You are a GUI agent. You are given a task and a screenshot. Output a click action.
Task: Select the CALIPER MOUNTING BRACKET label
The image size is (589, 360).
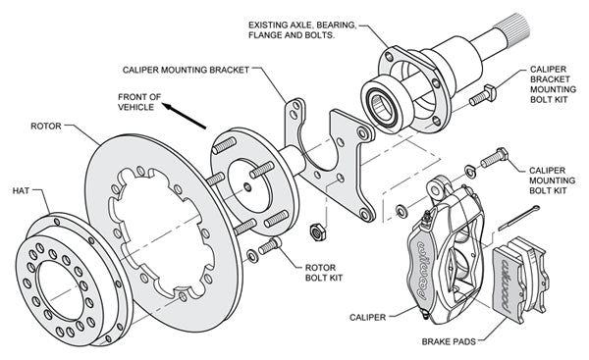(187, 70)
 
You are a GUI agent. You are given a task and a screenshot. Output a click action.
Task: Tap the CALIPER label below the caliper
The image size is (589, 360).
(372, 317)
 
